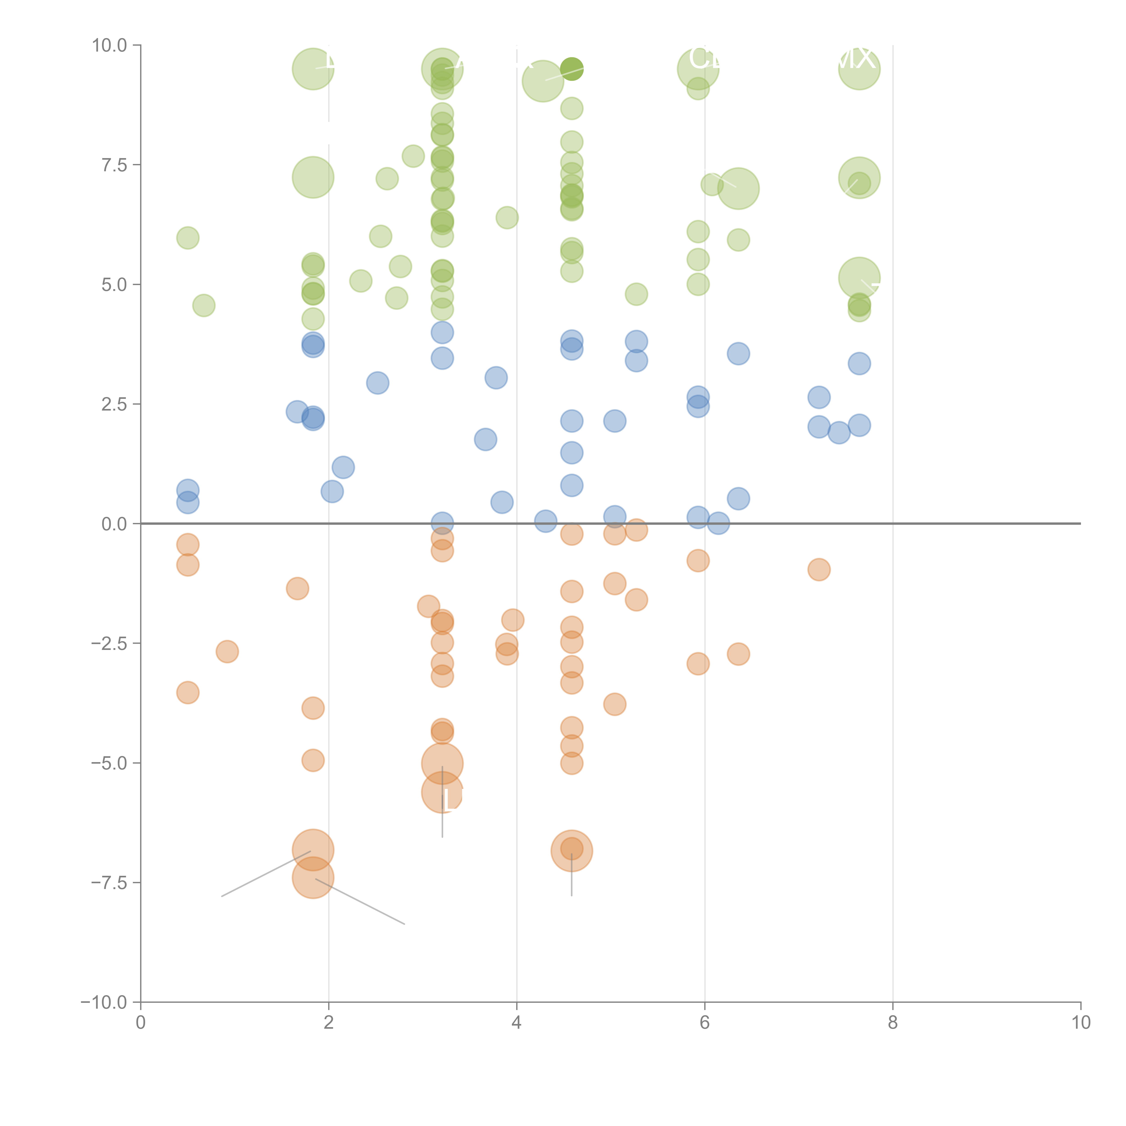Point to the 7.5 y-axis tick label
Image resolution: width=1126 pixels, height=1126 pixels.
[x=114, y=165]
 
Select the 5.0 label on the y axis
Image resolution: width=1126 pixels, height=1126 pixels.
[x=114, y=284]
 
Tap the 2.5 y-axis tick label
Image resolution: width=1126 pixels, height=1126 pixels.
[x=114, y=404]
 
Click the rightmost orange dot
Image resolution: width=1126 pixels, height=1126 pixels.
[x=819, y=569]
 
